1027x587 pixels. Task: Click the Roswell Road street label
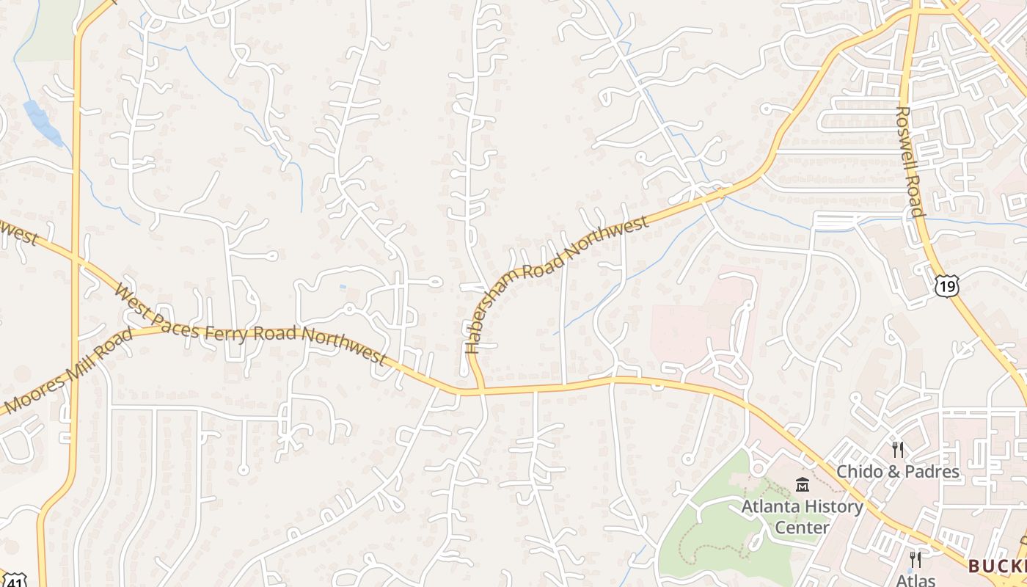pyautogui.click(x=910, y=161)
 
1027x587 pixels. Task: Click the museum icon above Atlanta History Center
pyautogui.click(x=802, y=485)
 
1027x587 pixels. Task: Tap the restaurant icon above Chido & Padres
pyautogui.click(x=897, y=449)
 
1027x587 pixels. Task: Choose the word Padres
pyautogui.click(x=932, y=471)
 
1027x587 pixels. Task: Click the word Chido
pyautogui.click(x=863, y=471)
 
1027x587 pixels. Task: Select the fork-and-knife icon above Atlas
pyautogui.click(x=915, y=560)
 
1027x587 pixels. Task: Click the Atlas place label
pyautogui.click(x=915, y=580)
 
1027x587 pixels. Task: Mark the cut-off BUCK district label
pyautogui.click(x=996, y=566)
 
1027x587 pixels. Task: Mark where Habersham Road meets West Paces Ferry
pyautogui.click(x=479, y=389)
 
